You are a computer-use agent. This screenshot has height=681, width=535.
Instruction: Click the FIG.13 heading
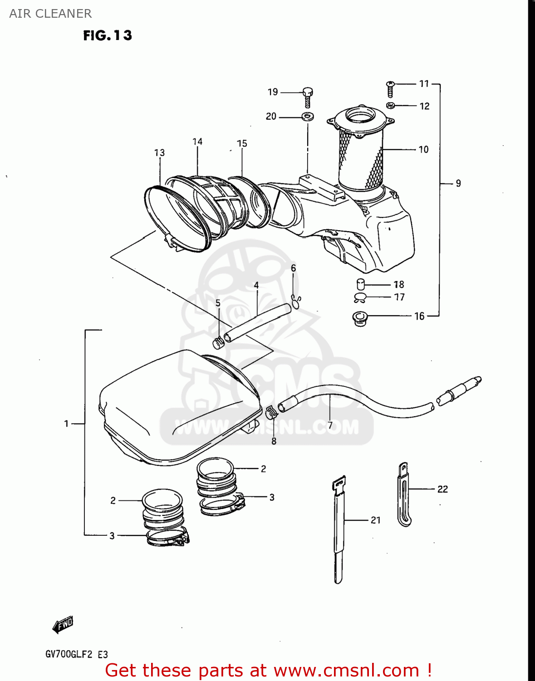(x=108, y=35)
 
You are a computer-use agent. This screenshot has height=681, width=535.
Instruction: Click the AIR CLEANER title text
(x=50, y=14)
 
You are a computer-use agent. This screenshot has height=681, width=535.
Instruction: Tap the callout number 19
(x=273, y=92)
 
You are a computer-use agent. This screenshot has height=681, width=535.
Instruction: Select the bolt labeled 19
(x=308, y=96)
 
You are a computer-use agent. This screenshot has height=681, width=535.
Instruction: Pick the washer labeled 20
(x=308, y=117)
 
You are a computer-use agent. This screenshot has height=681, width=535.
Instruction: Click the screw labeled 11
(x=390, y=89)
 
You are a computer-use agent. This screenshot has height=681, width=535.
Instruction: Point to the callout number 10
(x=423, y=149)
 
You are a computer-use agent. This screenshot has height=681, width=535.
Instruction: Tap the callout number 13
(x=159, y=153)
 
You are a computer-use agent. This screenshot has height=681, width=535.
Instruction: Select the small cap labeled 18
(x=361, y=285)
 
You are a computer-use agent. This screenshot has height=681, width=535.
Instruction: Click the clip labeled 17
(x=360, y=298)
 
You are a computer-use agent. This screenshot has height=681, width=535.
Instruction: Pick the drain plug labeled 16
(x=360, y=317)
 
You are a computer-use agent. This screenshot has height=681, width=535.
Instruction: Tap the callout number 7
(x=330, y=425)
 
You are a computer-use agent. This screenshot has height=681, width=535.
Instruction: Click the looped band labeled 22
(x=403, y=495)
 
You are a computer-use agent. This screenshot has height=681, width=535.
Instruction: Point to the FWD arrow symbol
(x=63, y=625)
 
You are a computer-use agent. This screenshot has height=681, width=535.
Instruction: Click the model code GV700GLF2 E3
(x=77, y=654)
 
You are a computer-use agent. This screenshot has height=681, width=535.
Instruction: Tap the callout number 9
(x=458, y=183)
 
